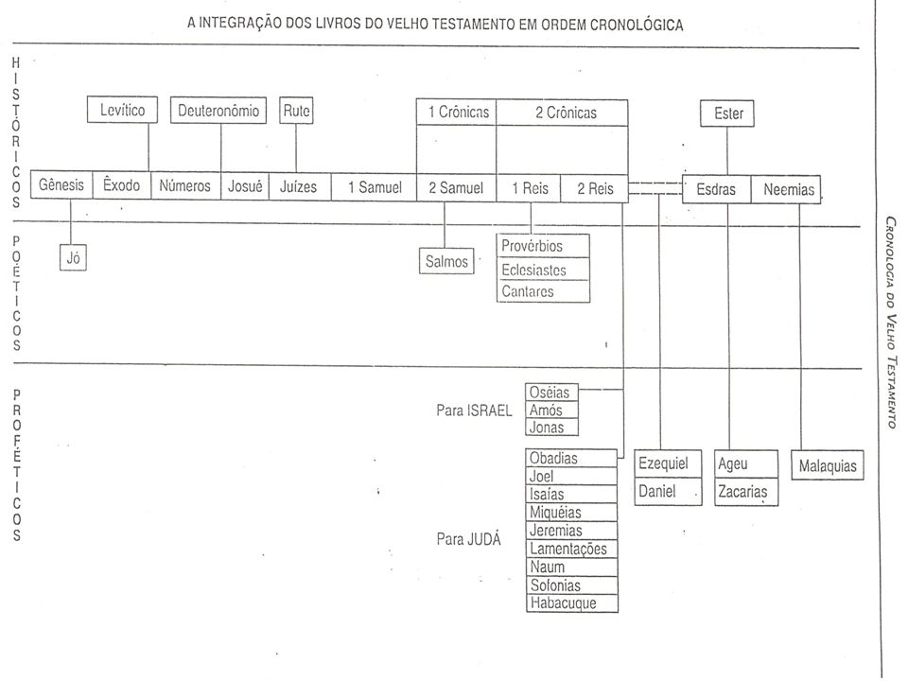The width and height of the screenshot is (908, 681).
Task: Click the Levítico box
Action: tap(122, 110)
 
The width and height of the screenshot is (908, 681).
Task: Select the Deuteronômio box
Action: tap(218, 110)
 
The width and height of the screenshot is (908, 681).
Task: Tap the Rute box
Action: tap(296, 110)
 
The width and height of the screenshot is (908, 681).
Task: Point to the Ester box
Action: tap(727, 113)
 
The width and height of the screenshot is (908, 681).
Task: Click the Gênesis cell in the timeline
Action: tap(61, 184)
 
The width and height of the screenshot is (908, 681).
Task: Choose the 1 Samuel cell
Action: tap(375, 187)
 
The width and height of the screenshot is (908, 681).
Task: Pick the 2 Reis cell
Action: tap(595, 188)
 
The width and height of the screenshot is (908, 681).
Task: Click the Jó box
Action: tap(73, 257)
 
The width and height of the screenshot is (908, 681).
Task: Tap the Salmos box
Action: tap(445, 261)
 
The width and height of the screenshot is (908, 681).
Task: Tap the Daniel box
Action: tap(669, 492)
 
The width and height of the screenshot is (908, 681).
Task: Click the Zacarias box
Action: tap(746, 492)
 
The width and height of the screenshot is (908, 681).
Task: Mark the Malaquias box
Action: tap(828, 465)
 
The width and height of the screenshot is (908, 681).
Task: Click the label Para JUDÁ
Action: tap(468, 539)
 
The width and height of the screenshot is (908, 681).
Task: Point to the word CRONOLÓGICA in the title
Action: tap(637, 25)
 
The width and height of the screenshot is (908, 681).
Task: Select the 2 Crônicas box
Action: tap(562, 113)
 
